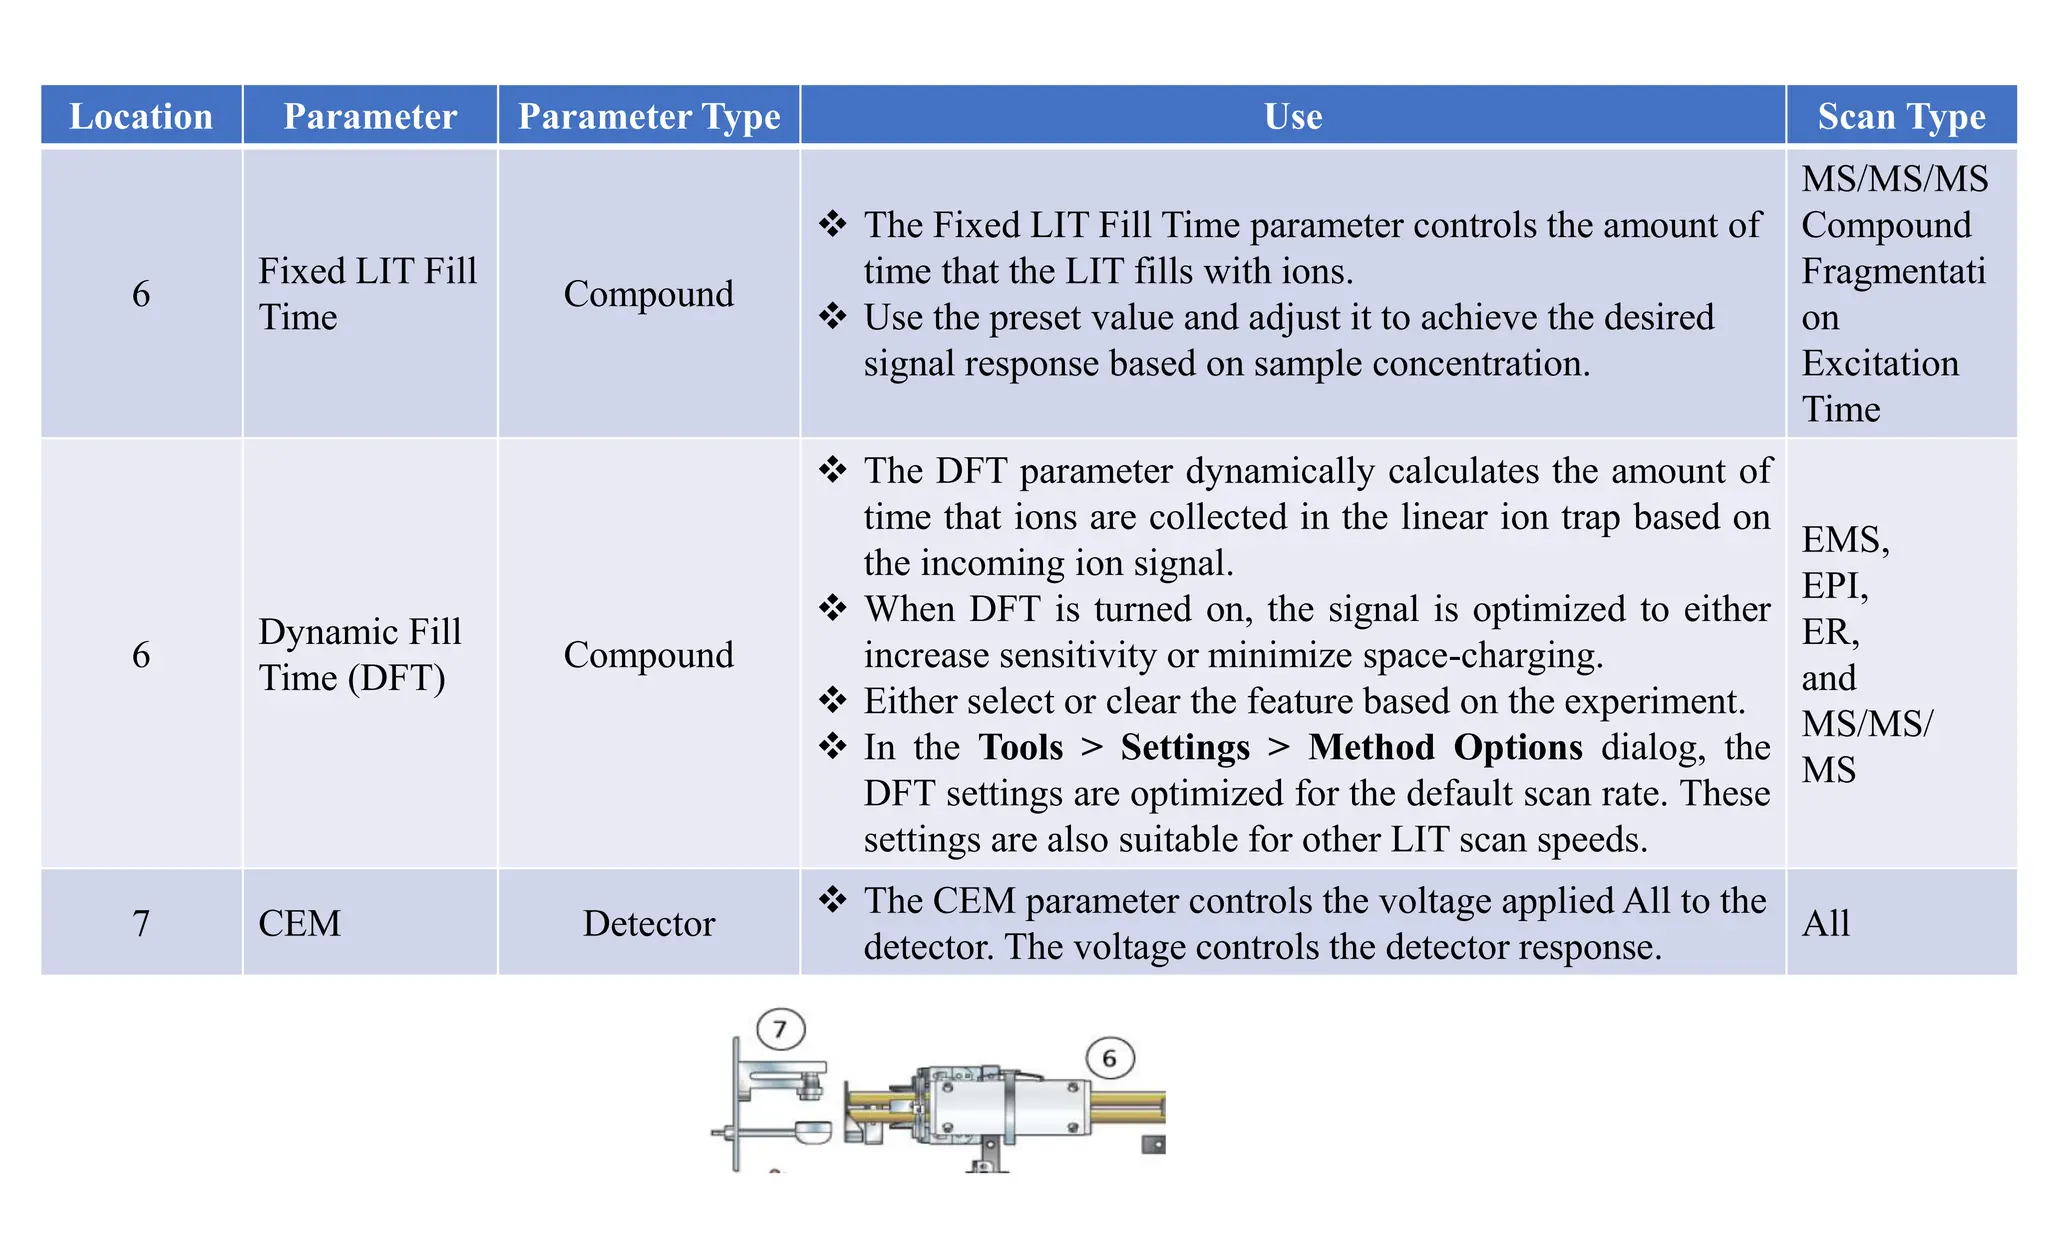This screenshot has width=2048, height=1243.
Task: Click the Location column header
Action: [141, 116]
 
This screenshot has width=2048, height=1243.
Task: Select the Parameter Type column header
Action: [649, 116]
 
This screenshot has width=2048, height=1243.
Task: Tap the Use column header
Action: [1293, 116]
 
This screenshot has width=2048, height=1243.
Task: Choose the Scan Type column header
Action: [1901, 116]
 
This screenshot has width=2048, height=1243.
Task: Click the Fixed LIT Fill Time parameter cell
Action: [367, 293]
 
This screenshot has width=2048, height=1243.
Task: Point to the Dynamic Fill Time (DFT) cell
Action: [359, 654]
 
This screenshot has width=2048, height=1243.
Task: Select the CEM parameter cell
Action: [300, 923]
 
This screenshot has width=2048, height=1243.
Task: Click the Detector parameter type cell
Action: [649, 923]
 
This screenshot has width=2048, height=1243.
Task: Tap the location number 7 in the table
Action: [141, 923]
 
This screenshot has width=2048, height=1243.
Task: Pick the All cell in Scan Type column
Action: [1826, 923]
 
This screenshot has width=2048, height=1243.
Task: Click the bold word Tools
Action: [1020, 747]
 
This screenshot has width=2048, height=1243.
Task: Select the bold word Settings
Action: [1185, 747]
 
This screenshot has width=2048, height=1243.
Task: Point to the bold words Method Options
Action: [1445, 747]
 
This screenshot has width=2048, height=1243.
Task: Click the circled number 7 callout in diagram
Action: [780, 1029]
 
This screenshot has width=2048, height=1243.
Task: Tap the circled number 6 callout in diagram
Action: [1109, 1058]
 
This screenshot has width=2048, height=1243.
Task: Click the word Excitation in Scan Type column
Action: [1880, 363]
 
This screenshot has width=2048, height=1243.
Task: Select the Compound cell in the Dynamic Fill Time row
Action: [649, 654]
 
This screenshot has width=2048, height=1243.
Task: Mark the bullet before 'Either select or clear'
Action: [832, 700]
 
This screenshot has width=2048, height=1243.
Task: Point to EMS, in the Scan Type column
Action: [1845, 539]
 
